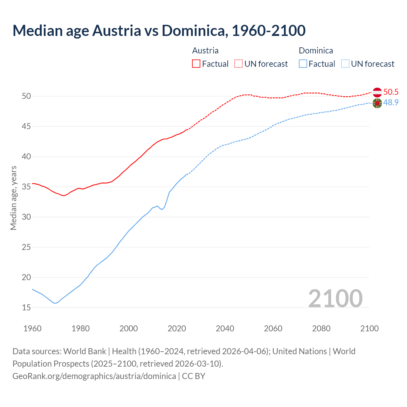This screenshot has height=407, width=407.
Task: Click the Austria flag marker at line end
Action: click(x=377, y=92)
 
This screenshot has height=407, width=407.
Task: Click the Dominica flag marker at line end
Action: click(x=377, y=103)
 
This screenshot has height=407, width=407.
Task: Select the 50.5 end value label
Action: click(x=391, y=92)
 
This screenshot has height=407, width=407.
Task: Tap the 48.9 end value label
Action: click(x=391, y=103)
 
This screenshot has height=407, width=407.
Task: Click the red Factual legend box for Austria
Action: click(x=196, y=64)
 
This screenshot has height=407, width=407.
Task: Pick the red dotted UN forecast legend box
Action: click(x=238, y=64)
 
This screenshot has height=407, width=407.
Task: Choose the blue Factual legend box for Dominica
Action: click(x=303, y=64)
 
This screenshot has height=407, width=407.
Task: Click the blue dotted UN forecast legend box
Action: click(x=345, y=64)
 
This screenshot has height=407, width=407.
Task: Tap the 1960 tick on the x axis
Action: click(x=32, y=328)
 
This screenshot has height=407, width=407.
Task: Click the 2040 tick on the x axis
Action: click(x=225, y=328)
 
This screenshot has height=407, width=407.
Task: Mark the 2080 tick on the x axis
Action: click(x=321, y=328)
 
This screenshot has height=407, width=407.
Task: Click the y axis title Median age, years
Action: click(x=13, y=198)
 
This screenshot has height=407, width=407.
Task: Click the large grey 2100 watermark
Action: click(x=335, y=298)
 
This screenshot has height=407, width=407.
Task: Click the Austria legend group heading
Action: click(x=205, y=51)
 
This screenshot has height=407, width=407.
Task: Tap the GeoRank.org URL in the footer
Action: click(x=94, y=376)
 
